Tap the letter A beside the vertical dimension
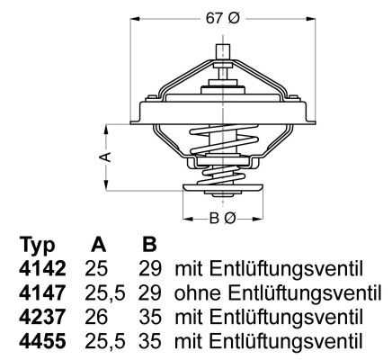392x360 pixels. [x=104, y=157]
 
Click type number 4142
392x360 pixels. [x=40, y=269]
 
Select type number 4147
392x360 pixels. [x=40, y=293]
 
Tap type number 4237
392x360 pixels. [x=40, y=318]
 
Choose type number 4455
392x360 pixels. [x=40, y=342]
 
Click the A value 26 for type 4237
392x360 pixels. [x=98, y=318]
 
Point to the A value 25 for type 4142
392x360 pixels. [x=98, y=269]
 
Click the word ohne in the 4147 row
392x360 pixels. [x=195, y=293]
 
